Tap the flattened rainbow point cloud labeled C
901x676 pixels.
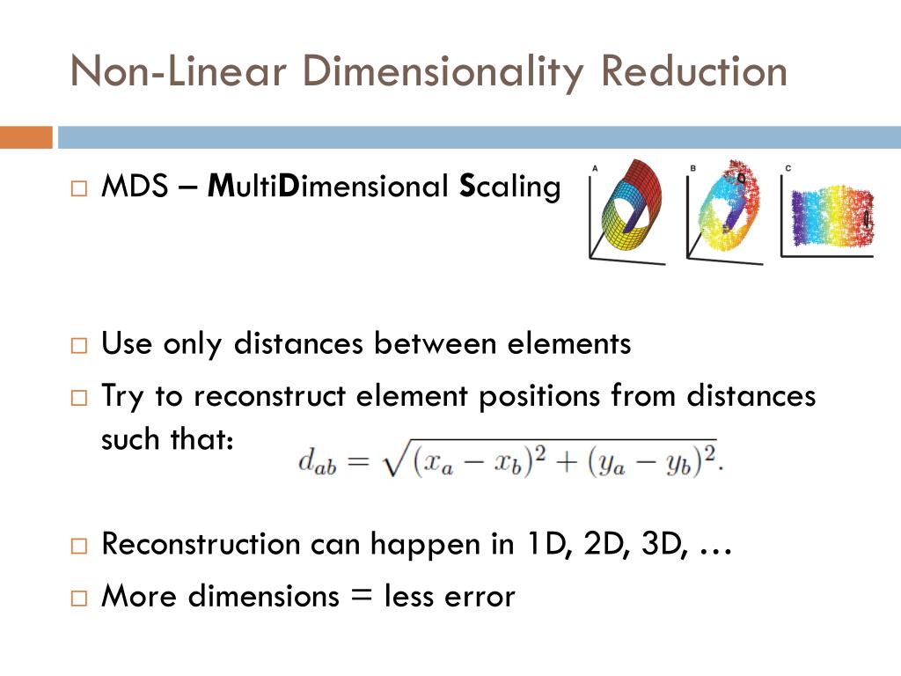[x=828, y=217]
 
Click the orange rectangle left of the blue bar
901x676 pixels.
[x=26, y=137]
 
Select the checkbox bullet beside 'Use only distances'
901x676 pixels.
[x=79, y=345]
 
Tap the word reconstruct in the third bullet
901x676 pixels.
[x=270, y=396]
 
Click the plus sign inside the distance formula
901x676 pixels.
[x=559, y=461]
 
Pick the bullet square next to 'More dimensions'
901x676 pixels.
[x=79, y=598]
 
